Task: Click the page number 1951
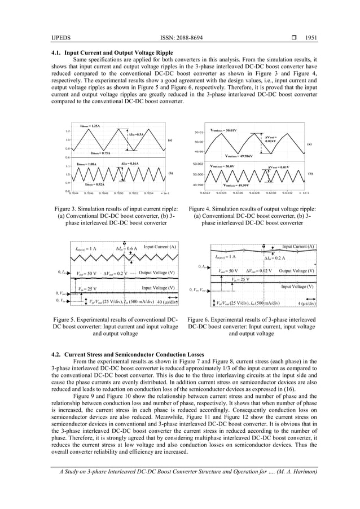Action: [x=309, y=38]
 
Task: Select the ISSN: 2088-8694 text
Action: [x=179, y=38]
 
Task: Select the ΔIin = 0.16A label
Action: [x=130, y=164]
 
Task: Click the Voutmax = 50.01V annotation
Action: [x=223, y=130]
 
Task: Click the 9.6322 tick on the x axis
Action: [x=207, y=192]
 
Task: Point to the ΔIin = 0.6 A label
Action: [x=125, y=248]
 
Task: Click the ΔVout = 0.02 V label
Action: [x=258, y=270]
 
